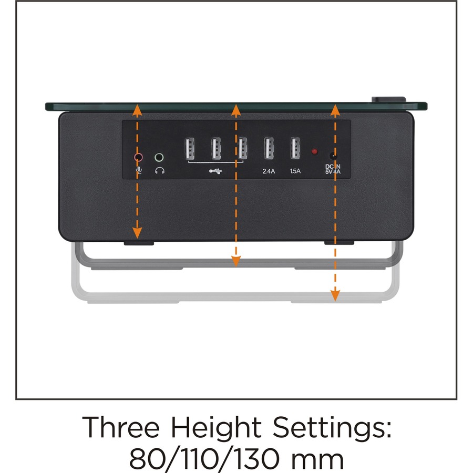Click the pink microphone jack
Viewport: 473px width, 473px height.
pyautogui.click(x=138, y=157)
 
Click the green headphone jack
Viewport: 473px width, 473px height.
pyautogui.click(x=159, y=157)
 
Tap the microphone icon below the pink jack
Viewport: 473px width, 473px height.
pyautogui.click(x=139, y=170)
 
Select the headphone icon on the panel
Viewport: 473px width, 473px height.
pyautogui.click(x=160, y=171)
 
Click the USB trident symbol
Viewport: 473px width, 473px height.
pyautogui.click(x=215, y=171)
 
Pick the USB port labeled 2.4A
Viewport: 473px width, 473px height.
pyautogui.click(x=269, y=148)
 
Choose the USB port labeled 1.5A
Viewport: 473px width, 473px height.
pyautogui.click(x=295, y=148)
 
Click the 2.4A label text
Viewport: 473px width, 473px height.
pyautogui.click(x=269, y=171)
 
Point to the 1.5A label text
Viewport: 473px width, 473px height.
pyautogui.click(x=295, y=171)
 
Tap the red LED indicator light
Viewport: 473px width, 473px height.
pyautogui.click(x=315, y=151)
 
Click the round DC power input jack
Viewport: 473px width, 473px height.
pyautogui.click(x=333, y=156)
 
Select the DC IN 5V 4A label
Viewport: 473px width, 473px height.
pyautogui.click(x=333, y=169)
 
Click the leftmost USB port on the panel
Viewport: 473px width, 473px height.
pyautogui.click(x=189, y=148)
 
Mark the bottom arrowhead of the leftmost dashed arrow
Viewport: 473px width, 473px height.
pyautogui.click(x=137, y=233)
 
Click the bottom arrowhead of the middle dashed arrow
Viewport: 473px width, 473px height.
pyautogui.click(x=236, y=261)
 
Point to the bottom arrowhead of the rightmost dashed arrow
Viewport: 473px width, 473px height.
pyautogui.click(x=335, y=295)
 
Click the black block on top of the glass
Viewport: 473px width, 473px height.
pyautogui.click(x=388, y=99)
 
